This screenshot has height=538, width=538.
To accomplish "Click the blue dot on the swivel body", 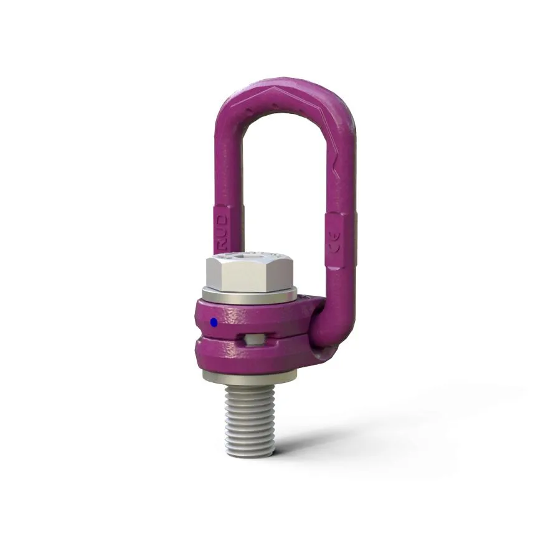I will pos(214,322).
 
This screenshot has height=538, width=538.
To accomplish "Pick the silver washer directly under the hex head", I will pos(249,298).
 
